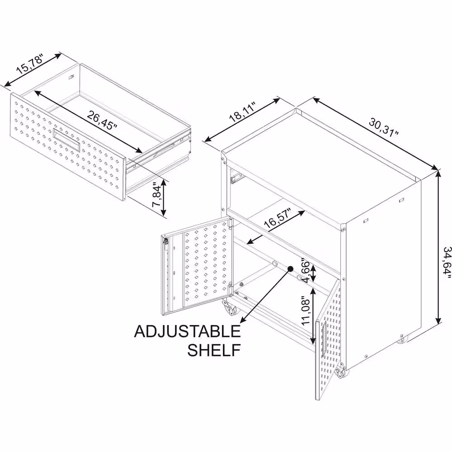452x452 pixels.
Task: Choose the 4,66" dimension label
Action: click(305, 270)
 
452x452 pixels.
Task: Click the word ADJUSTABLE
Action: click(188, 331)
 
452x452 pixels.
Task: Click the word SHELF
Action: click(214, 350)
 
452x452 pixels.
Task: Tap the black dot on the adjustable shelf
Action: click(290, 268)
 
